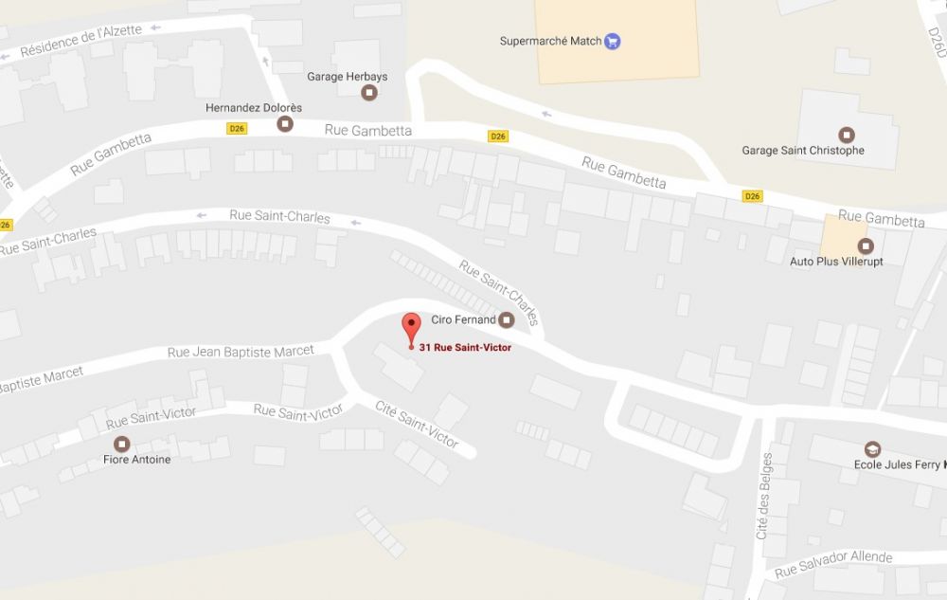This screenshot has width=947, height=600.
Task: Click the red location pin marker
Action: pyautogui.click(x=410, y=327)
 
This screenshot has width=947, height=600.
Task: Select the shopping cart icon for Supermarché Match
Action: pyautogui.click(x=613, y=41)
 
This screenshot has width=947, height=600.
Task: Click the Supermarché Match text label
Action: pyautogui.click(x=550, y=41)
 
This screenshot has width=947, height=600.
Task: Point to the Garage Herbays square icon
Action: pyautogui.click(x=369, y=92)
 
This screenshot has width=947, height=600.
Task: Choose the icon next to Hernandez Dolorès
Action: pyautogui.click(x=284, y=123)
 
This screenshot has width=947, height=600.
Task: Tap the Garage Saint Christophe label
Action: pyautogui.click(x=802, y=151)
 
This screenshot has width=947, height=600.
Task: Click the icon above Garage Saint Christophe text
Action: pyautogui.click(x=847, y=135)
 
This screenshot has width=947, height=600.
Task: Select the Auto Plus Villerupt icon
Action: pyautogui.click(x=864, y=245)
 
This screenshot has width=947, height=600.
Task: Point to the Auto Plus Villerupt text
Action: pyautogui.click(x=836, y=261)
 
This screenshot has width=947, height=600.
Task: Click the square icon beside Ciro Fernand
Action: pyautogui.click(x=507, y=319)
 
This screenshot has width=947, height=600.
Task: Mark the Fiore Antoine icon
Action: pyautogui.click(x=121, y=444)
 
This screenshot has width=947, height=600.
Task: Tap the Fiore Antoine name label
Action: pyautogui.click(x=136, y=460)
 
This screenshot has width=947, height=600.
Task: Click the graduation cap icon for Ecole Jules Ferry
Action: pyautogui.click(x=872, y=448)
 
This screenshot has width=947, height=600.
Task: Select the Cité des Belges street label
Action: pyautogui.click(x=764, y=496)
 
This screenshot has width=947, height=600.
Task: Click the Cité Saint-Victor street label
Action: pyautogui.click(x=417, y=424)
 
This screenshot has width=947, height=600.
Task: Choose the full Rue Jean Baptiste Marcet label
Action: pyautogui.click(x=241, y=352)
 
